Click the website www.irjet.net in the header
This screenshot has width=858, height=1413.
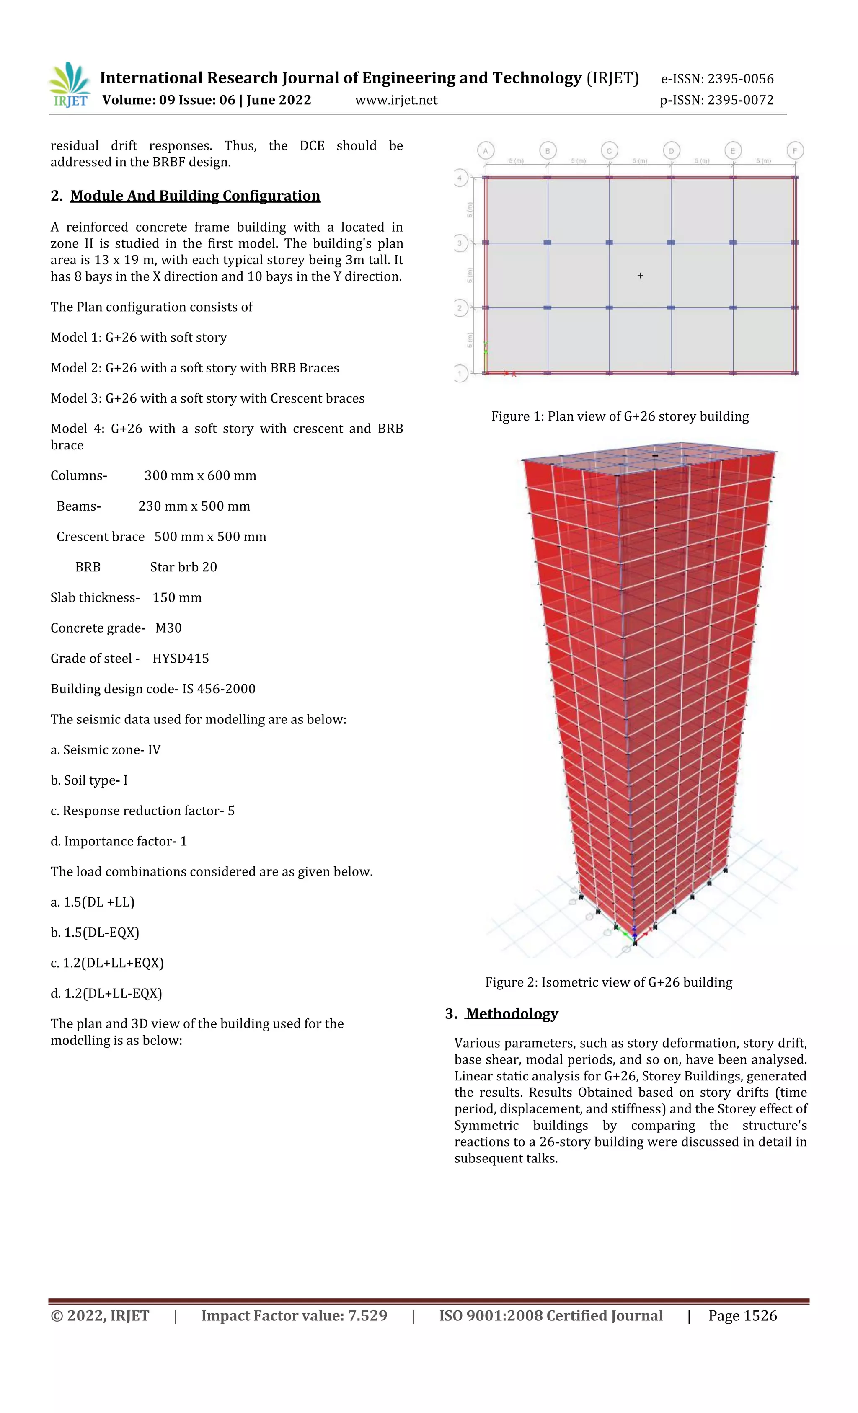(x=396, y=101)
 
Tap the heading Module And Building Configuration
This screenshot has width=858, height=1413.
(x=195, y=196)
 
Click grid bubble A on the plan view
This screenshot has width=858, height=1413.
(x=485, y=151)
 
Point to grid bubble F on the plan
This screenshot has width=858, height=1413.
(x=795, y=151)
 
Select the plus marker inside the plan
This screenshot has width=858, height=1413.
(x=640, y=276)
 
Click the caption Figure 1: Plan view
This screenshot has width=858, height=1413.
(x=620, y=416)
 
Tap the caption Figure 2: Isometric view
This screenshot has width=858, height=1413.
(x=608, y=982)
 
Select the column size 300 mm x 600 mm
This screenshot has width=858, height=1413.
(x=200, y=476)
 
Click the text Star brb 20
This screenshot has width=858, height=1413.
(x=183, y=567)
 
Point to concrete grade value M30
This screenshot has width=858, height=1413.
(x=168, y=628)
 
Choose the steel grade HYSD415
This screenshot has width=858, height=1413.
(x=181, y=659)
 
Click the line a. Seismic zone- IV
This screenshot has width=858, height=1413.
(x=106, y=750)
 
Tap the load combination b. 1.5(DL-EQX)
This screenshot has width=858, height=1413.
(x=95, y=933)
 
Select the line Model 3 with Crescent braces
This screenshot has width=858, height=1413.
(x=207, y=398)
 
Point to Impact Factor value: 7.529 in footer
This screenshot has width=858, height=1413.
(x=294, y=1315)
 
